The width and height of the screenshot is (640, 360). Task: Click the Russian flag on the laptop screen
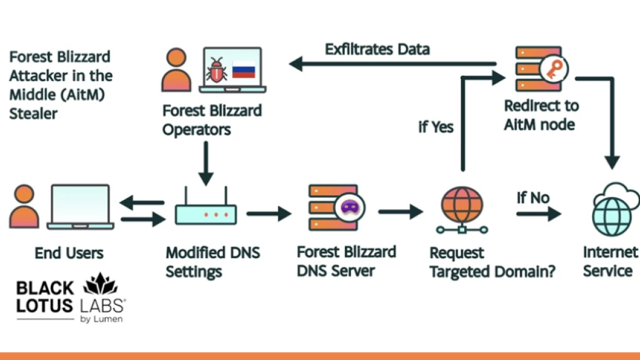pyautogui.click(x=244, y=71)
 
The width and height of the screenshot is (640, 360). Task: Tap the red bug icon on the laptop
pyautogui.click(x=217, y=71)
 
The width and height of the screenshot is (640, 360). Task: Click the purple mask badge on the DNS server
pyautogui.click(x=348, y=207)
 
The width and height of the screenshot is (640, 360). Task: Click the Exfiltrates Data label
pyautogui.click(x=377, y=49)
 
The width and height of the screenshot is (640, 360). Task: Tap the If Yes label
pyautogui.click(x=436, y=127)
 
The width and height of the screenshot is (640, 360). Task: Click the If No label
pyautogui.click(x=533, y=198)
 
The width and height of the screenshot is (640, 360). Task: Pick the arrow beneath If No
pyautogui.click(x=538, y=213)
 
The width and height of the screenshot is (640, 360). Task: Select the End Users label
pyautogui.click(x=69, y=253)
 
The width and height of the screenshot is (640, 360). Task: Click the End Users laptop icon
pyautogui.click(x=81, y=207)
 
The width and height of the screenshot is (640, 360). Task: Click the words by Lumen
pyautogui.click(x=101, y=319)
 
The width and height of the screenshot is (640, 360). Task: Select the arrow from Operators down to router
pyautogui.click(x=205, y=162)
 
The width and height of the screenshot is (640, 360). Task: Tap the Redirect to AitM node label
pyautogui.click(x=541, y=115)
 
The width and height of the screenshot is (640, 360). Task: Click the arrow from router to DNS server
pyautogui.click(x=268, y=213)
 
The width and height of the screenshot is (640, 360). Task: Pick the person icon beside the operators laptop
pyautogui.click(x=176, y=70)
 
